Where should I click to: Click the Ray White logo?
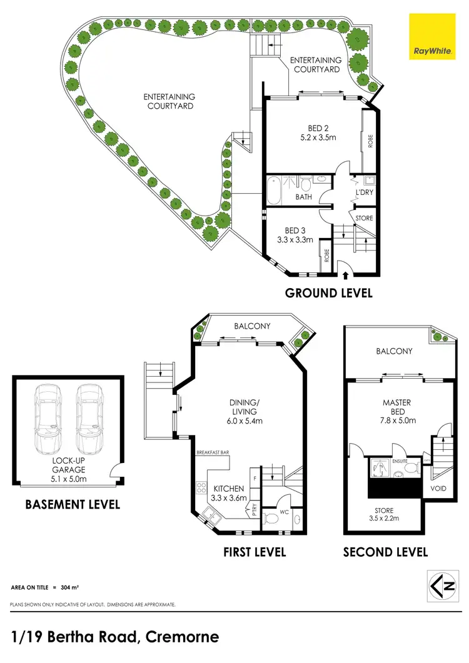[432, 36]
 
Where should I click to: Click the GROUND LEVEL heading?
[328, 292]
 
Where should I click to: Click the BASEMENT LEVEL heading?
[72, 504]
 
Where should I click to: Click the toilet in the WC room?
[270, 518]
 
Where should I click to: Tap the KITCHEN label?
[228, 489]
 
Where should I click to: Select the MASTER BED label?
[396, 407]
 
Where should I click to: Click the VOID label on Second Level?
[438, 487]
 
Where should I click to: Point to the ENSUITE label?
[401, 461]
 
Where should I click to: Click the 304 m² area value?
[68, 588]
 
